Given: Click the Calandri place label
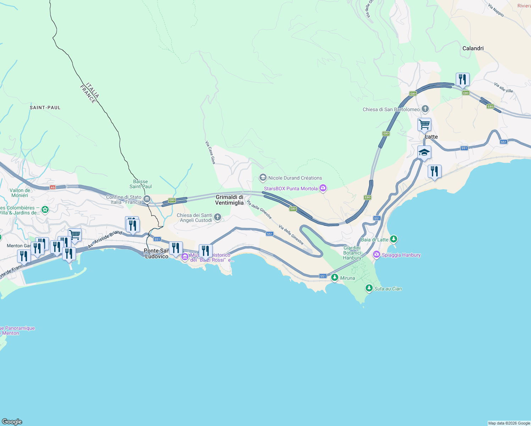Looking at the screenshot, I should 473,48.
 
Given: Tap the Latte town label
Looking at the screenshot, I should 431,137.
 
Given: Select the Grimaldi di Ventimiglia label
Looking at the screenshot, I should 230,200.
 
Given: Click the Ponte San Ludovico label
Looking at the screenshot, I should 156,253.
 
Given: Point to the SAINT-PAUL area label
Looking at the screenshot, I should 45,108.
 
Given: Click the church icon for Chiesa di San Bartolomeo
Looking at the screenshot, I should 425,109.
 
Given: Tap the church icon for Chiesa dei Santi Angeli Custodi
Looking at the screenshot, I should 218,217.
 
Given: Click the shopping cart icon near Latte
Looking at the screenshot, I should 424,125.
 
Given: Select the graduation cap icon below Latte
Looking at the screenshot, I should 424,153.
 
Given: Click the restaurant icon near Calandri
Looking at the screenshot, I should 462,80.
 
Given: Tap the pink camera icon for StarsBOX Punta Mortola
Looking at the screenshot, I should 323,188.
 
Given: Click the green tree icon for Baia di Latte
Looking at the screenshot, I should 393,239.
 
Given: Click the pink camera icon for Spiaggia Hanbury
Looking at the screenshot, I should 377,255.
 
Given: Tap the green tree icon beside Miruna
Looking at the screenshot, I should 334,278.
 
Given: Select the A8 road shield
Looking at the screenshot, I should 53,187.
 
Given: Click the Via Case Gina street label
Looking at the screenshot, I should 210,152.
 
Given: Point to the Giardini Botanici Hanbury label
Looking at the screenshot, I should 352,253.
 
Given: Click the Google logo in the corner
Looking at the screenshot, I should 12,421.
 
